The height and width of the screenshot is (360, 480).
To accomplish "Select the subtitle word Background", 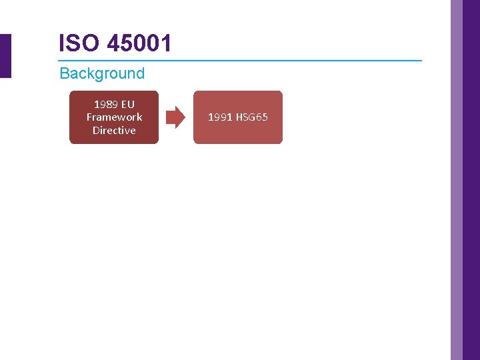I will pyautogui.click(x=102, y=73).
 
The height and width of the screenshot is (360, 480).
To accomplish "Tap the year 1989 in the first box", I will pyautogui.click(x=105, y=104).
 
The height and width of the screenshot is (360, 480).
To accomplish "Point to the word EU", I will pyautogui.click(x=127, y=104).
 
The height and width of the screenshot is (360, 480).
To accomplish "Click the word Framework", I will pyautogui.click(x=114, y=117).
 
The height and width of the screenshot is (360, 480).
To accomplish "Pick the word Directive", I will pyautogui.click(x=114, y=131).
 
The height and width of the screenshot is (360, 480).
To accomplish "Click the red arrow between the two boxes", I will pyautogui.click(x=175, y=117).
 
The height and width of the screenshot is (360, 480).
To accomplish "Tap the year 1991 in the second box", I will pyautogui.click(x=220, y=117).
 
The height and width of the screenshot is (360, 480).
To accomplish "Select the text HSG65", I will pyautogui.click(x=252, y=117).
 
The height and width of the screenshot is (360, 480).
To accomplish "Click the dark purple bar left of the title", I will pyautogui.click(x=5, y=56).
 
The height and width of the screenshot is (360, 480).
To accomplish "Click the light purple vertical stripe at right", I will pyautogui.click(x=456, y=180).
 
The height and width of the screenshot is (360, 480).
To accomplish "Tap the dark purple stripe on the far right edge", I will pyautogui.click(x=471, y=180).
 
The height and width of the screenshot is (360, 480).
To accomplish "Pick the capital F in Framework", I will pyautogui.click(x=89, y=117).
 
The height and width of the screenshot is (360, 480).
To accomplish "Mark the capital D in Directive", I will pyautogui.click(x=96, y=131).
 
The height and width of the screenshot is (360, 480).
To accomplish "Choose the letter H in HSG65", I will pyautogui.click(x=239, y=117).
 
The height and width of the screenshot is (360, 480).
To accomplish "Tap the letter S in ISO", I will pyautogui.click(x=73, y=43).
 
